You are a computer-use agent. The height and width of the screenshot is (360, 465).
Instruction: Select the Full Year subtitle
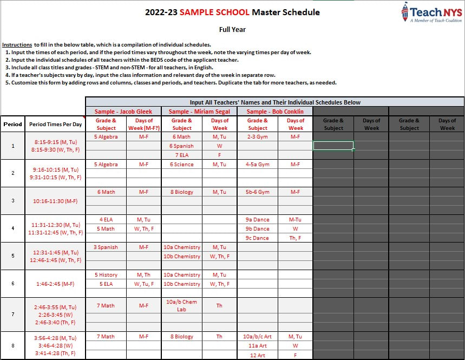[x=232, y=30]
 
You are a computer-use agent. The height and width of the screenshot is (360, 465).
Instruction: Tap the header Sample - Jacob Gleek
[x=123, y=112]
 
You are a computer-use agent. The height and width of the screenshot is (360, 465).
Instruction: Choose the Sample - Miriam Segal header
[x=199, y=112]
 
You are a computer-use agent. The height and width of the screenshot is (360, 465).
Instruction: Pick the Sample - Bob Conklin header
[x=275, y=112]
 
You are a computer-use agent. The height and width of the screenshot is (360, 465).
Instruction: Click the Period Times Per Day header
[x=56, y=125]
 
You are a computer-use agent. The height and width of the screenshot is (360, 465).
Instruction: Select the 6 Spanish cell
[x=181, y=146]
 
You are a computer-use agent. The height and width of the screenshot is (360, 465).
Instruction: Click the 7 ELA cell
[x=181, y=155]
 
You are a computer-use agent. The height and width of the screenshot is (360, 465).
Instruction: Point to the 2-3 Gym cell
[x=257, y=137]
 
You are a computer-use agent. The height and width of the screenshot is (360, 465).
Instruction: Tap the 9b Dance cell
[x=257, y=228]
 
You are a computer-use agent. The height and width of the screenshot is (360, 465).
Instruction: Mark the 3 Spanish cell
[x=106, y=247]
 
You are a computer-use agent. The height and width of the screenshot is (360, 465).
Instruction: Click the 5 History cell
[x=106, y=275]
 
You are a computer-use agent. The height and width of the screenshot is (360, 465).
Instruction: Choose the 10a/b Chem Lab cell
[x=181, y=305]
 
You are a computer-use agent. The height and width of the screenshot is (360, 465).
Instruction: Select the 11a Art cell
[x=257, y=345]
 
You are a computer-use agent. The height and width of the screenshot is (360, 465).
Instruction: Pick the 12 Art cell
[x=257, y=355]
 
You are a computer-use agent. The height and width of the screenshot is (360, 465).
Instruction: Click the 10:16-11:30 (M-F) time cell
[x=56, y=201]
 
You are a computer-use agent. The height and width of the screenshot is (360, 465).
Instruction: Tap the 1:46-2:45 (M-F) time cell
[x=56, y=283]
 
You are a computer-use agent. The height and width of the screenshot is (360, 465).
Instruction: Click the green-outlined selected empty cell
[x=333, y=146]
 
